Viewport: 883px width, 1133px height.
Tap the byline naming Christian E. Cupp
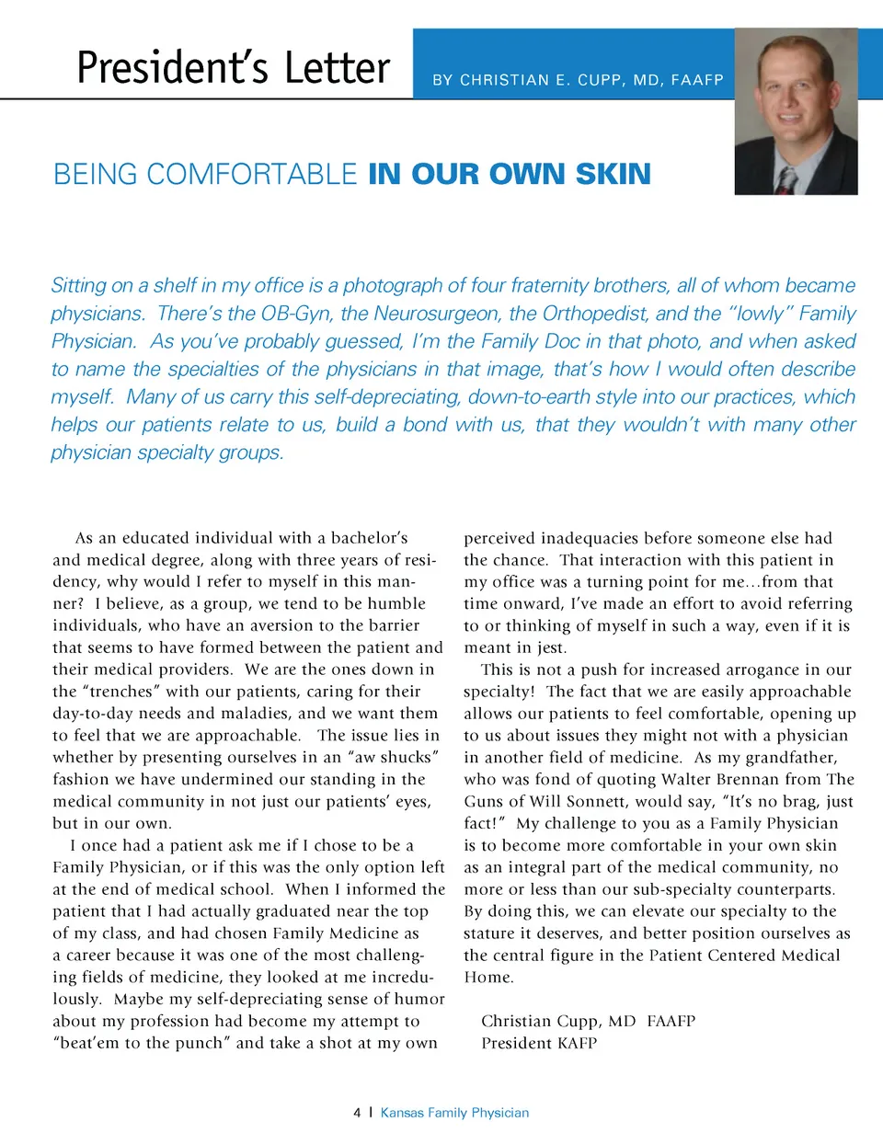578,80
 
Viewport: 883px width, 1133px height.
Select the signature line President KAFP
539,1044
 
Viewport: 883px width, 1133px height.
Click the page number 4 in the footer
357,1113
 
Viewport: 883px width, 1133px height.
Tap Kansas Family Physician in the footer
455,1113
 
